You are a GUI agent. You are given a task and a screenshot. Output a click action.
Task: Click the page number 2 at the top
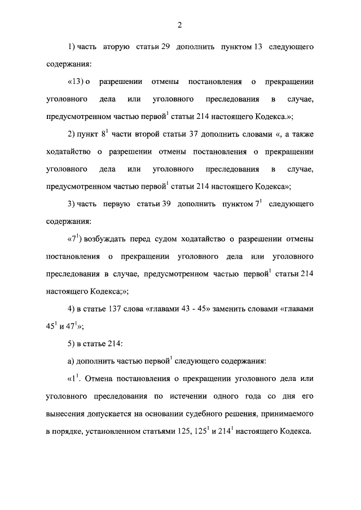tap(179, 25)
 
